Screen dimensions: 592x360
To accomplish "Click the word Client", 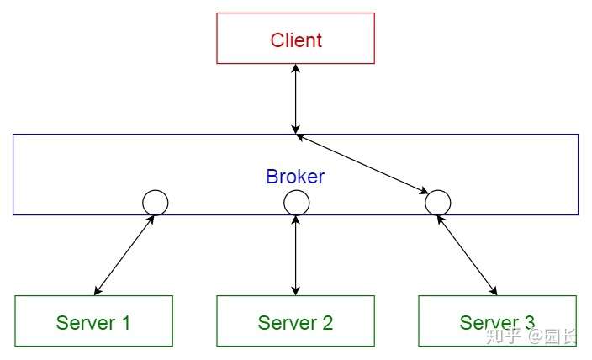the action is pos(296,40).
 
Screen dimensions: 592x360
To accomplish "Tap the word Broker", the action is pos(295,177).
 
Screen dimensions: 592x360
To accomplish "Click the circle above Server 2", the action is pos(296,190).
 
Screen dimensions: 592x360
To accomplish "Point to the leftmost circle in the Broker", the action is pos(156,190).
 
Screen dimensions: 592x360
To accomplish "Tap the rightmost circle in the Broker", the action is pos(437,190).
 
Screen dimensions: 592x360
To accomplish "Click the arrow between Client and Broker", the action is pos(296,99).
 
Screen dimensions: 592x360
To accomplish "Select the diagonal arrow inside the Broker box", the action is pos(362,163).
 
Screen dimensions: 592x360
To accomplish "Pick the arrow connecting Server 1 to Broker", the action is pos(124,255).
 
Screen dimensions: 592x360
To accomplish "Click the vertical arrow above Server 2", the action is pos(296,255).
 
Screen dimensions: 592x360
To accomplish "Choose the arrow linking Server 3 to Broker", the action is pos(467,255).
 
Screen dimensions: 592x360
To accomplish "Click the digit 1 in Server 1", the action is pos(126,323).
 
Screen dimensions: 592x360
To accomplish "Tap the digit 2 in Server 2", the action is pos(327,323).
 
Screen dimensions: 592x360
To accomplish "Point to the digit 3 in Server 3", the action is pos(529,323).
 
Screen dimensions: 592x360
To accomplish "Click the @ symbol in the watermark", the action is pos(535,336).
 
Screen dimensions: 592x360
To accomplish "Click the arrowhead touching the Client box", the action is pos(296,68).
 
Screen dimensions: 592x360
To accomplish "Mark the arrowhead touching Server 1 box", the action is pos(98,290).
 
